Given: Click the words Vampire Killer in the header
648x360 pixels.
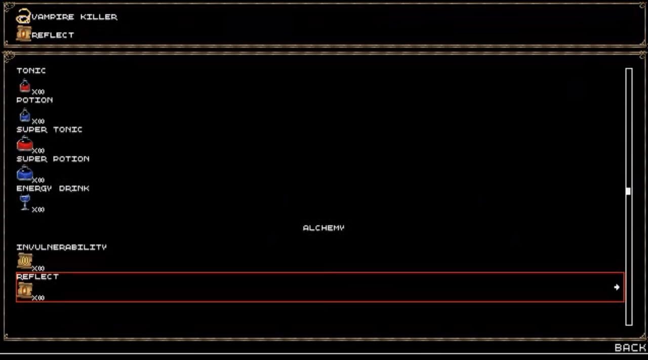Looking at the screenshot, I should tap(74, 17).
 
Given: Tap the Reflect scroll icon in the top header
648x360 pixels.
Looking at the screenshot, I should tap(23, 33).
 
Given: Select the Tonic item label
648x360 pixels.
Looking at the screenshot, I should tap(31, 70).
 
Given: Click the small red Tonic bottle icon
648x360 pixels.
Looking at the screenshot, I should tap(25, 86).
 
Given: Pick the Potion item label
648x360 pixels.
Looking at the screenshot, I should tap(34, 100).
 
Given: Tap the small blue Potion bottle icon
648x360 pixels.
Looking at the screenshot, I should tap(25, 115).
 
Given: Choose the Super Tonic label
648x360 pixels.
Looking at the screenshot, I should tap(49, 129).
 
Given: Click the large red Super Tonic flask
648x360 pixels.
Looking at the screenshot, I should tap(25, 144).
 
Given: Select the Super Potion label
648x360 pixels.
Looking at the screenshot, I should tap(53, 158).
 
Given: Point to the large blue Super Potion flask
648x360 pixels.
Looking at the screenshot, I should tap(25, 174).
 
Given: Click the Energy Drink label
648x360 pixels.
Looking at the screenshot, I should tap(53, 188).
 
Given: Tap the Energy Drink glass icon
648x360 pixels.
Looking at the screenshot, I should tap(25, 203).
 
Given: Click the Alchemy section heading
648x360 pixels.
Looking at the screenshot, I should tap(323, 228).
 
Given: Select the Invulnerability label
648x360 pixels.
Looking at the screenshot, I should tap(61, 247).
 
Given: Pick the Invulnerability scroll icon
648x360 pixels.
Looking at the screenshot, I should tap(24, 261).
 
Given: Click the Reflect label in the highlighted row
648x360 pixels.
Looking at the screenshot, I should tap(37, 276).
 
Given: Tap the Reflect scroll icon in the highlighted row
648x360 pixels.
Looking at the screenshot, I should tap(24, 290).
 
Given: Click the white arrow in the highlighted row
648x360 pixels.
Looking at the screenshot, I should tap(617, 287).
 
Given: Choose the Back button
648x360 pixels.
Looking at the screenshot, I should tap(630, 347).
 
